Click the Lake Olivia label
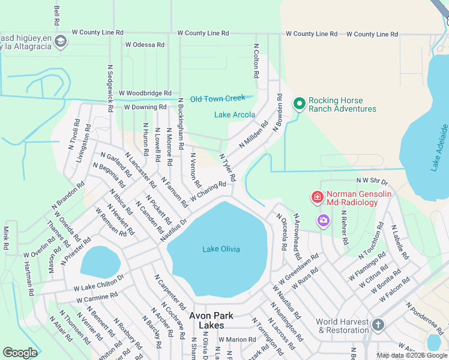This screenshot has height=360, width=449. (x=221, y=249)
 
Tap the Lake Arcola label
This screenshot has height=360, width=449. (x=235, y=115)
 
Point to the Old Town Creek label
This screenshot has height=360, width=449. (x=218, y=98)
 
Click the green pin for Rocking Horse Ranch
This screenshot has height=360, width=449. (x=299, y=104)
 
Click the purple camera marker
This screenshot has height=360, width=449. (x=324, y=221)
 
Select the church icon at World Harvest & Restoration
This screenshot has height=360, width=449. (x=378, y=325)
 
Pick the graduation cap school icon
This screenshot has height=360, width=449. (x=60, y=41)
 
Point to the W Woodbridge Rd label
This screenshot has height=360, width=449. (x=145, y=93)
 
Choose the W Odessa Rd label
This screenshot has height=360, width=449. (x=144, y=44)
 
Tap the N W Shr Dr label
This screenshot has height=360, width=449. (x=372, y=180)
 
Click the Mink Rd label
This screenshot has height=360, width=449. (x=6, y=238)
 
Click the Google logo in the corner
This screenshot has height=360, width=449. (x=20, y=352)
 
